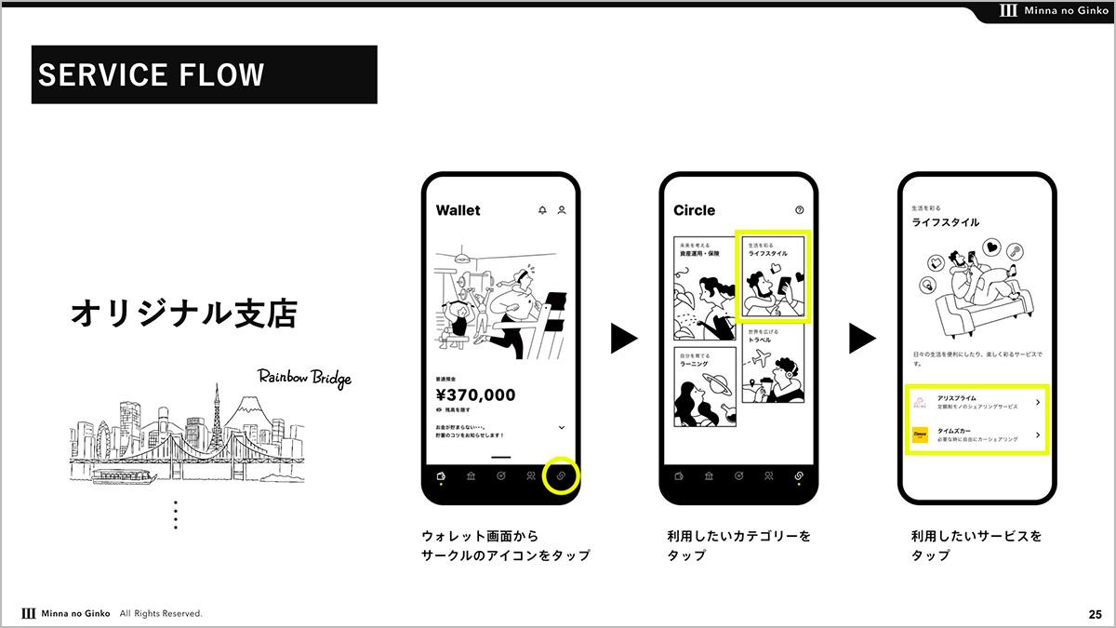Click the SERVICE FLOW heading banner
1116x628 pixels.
[204, 74]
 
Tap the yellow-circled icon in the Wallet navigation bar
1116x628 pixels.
[561, 475]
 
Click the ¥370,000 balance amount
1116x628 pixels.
[475, 395]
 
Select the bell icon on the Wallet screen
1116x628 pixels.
[542, 210]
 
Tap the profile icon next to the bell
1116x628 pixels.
[562, 210]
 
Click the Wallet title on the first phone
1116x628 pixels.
[458, 210]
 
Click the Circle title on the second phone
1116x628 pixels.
[694, 210]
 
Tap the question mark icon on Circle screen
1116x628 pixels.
[799, 210]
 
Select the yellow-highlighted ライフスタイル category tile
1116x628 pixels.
[773, 277]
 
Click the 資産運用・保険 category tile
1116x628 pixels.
[704, 288]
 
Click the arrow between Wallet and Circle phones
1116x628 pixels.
[624, 339]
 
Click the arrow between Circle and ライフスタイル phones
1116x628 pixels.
[862, 339]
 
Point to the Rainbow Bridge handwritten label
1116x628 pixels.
[304, 378]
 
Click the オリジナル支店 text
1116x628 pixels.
[183, 314]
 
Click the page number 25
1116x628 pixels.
[1095, 614]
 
